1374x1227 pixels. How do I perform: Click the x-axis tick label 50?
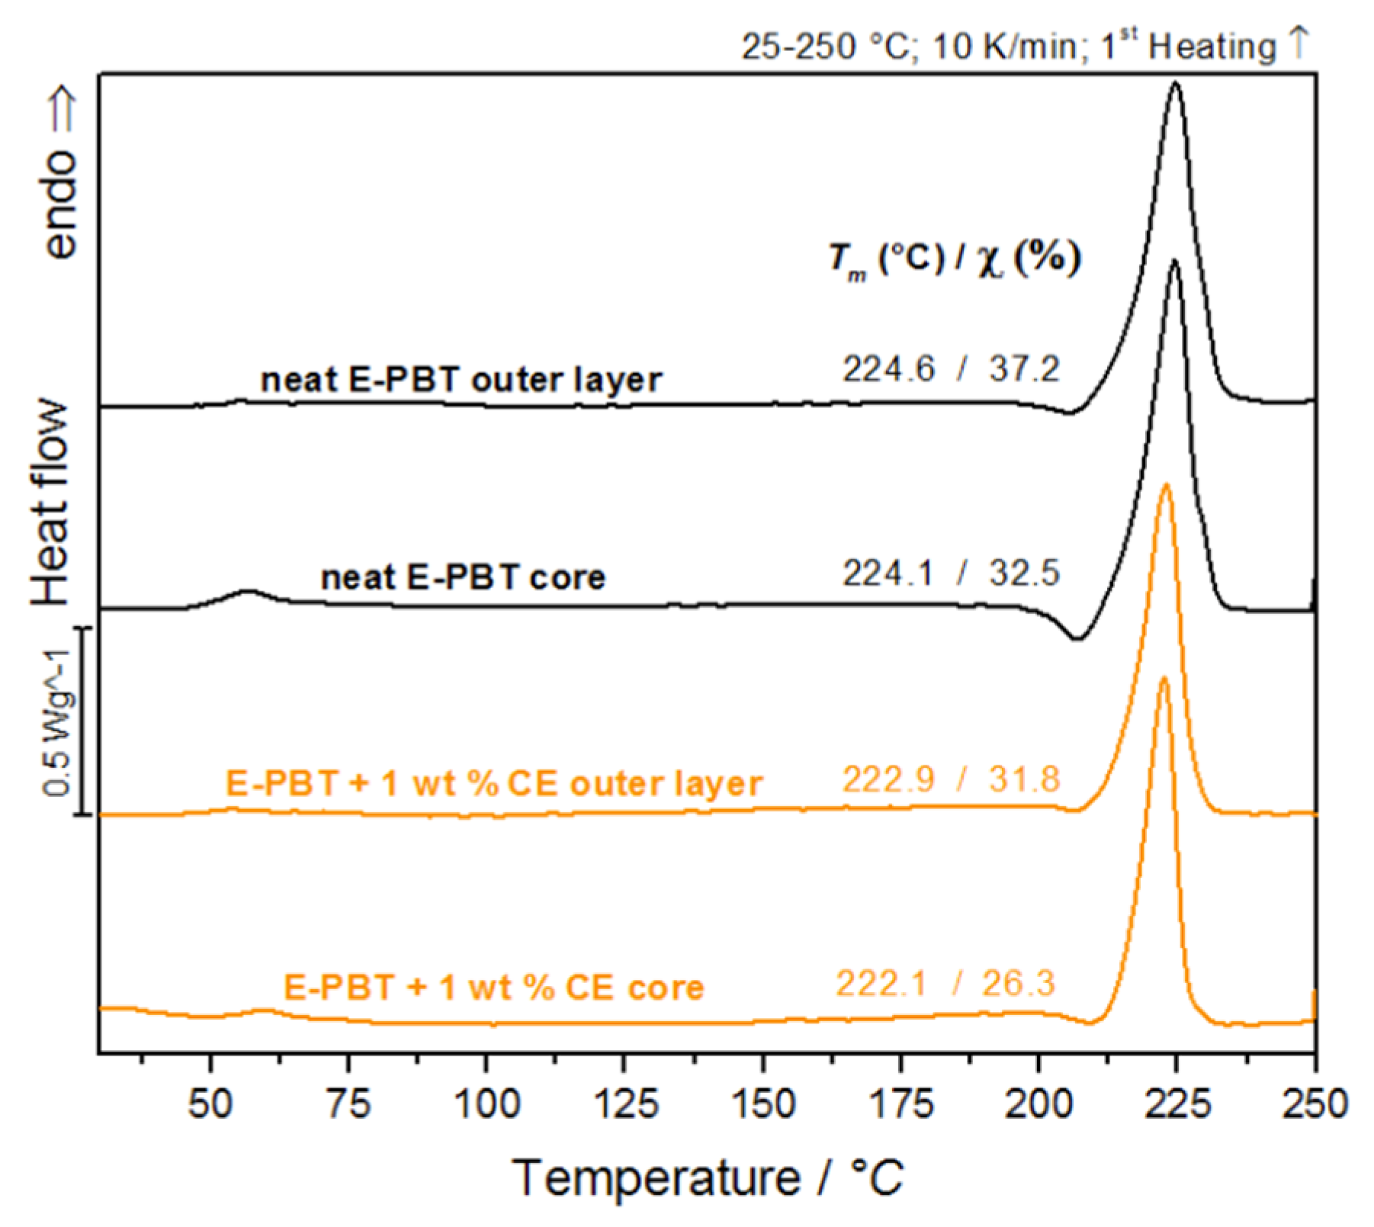(210, 1103)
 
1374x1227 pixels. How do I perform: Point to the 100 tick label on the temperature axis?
(486, 1103)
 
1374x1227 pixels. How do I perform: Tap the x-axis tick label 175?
(900, 1103)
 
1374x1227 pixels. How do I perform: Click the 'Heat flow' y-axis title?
(52, 503)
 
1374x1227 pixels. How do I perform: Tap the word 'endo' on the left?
(61, 204)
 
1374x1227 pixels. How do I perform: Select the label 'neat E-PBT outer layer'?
(461, 379)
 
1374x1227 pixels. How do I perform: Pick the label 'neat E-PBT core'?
(463, 577)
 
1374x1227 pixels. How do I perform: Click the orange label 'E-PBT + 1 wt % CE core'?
(494, 988)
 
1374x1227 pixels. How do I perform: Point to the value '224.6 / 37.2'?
(951, 369)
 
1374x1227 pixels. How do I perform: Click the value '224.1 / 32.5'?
(951, 573)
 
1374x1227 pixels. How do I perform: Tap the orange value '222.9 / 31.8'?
(951, 779)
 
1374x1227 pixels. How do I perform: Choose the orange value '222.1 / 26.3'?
(945, 983)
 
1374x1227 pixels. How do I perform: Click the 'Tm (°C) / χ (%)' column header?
(955, 259)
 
